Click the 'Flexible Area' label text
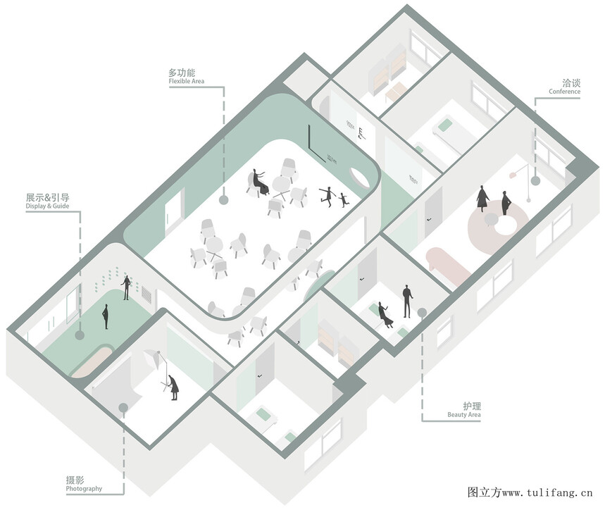tap(187, 82)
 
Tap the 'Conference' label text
tap(564, 92)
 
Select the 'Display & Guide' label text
tap(47, 206)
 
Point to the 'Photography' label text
tap(84, 489)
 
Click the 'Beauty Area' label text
tap(463, 415)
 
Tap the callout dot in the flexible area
tap(223, 200)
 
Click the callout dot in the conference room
tap(535, 180)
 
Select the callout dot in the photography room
tap(123, 408)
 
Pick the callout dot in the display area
tap(80, 335)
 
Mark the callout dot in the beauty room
tap(422, 313)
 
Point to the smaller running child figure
tap(343, 199)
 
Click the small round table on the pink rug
tap(490, 219)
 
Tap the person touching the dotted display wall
tap(126, 287)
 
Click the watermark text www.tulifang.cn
tap(547, 492)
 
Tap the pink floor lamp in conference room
tap(520, 182)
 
